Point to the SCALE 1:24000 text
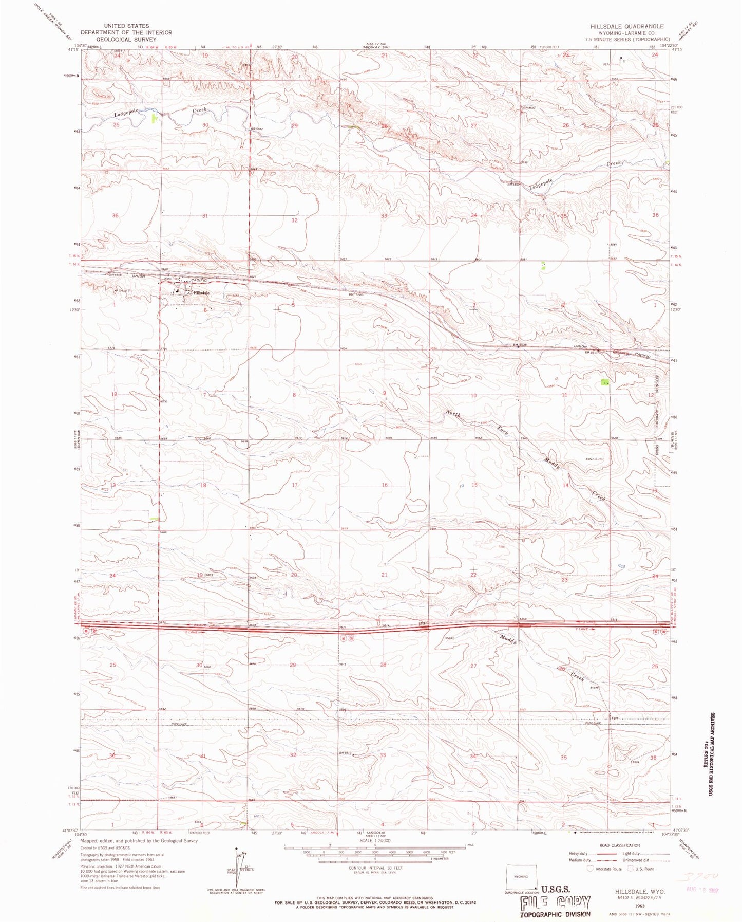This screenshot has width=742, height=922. [375, 841]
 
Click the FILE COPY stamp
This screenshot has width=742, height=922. [556, 903]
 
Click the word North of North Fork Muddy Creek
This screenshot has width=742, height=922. [453, 414]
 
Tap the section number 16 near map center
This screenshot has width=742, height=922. [385, 485]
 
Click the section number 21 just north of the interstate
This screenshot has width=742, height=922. [384, 575]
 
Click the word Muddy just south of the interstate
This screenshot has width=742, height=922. [508, 639]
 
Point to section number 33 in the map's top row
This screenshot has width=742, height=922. [384, 216]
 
